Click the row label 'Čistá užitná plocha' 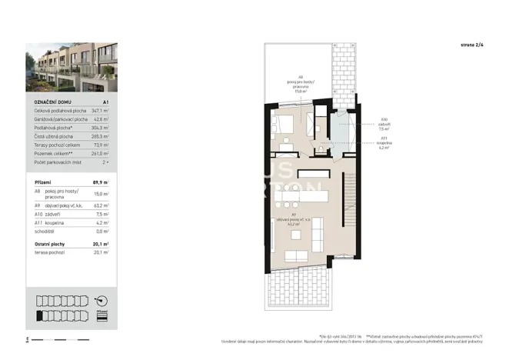[x=55, y=136]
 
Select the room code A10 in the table [x=38, y=215]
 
